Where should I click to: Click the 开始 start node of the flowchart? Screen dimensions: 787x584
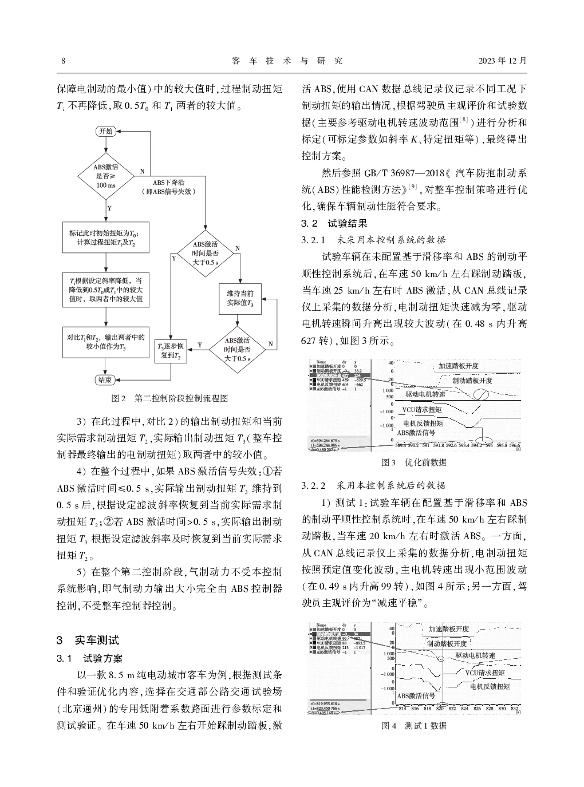[106, 131]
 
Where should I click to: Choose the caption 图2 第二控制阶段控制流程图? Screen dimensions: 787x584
[169, 397]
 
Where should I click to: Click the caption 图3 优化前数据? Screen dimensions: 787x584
[413, 462]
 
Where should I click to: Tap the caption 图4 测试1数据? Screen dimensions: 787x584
[413, 726]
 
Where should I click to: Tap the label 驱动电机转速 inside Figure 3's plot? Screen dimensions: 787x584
[425, 395]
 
